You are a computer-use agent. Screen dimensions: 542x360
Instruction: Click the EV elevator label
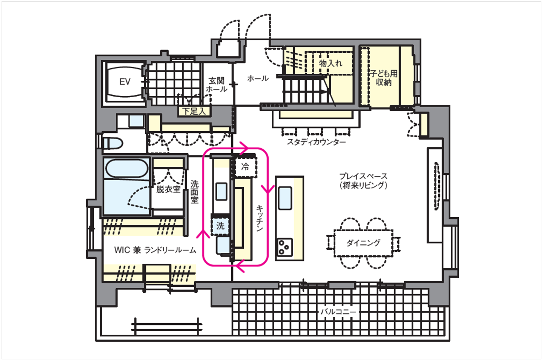pos(125,82)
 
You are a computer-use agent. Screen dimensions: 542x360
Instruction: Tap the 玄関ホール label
pos(217,85)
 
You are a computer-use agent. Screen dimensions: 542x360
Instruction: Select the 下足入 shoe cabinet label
pos(194,111)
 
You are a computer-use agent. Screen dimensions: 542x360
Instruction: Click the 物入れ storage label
pos(331,63)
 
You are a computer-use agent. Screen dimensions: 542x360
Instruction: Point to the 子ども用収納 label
pos(384,78)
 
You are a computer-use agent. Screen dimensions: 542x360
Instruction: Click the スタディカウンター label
pos(317,142)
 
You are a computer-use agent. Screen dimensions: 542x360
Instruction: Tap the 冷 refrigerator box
pos(245,167)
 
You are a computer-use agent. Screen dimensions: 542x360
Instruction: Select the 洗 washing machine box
pos(220,226)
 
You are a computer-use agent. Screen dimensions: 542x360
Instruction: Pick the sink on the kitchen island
pos(285,198)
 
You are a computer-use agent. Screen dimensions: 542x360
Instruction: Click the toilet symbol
pos(111,143)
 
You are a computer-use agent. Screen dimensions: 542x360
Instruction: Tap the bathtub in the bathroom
pos(127,169)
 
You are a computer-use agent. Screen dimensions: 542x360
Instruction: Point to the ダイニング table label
pos(363,243)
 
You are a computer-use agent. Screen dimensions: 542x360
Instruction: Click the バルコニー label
pos(338,312)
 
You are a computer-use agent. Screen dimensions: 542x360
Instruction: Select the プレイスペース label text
pos(363,176)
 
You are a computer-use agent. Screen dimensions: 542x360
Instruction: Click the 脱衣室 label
pos(168,189)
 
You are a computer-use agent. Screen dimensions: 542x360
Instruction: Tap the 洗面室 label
pos(194,192)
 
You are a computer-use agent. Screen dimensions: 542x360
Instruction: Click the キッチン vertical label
pos(260,218)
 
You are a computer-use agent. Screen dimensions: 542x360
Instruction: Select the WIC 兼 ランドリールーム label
pos(155,250)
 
